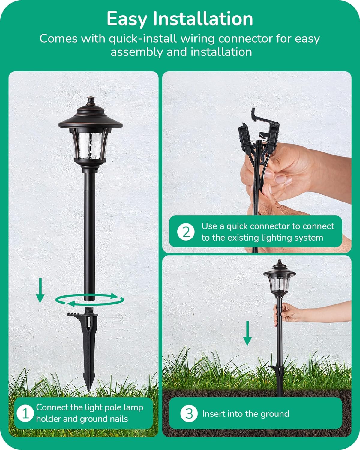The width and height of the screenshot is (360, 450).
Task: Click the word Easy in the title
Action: pos(127,19)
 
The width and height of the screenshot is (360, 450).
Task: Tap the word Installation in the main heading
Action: pos(203,19)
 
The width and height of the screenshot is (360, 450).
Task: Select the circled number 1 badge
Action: pos(25,413)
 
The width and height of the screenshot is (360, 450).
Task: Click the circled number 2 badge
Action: pos(186,232)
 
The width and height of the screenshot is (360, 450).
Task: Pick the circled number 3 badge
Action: pos(189,414)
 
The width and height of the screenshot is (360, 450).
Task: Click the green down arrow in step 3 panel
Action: pos(247,333)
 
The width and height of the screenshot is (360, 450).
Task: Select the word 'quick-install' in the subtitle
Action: pos(143,39)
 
